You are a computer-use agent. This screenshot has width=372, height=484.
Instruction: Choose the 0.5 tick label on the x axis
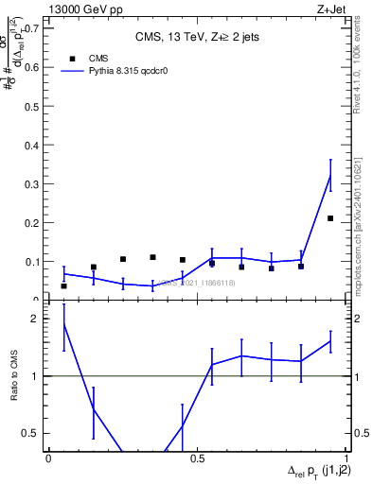point(197,458)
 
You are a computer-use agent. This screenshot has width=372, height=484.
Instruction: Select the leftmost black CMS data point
point(63,285)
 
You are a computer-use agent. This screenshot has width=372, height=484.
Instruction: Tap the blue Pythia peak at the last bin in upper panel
point(329,176)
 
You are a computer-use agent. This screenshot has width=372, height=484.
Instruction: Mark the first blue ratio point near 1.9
point(63,324)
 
